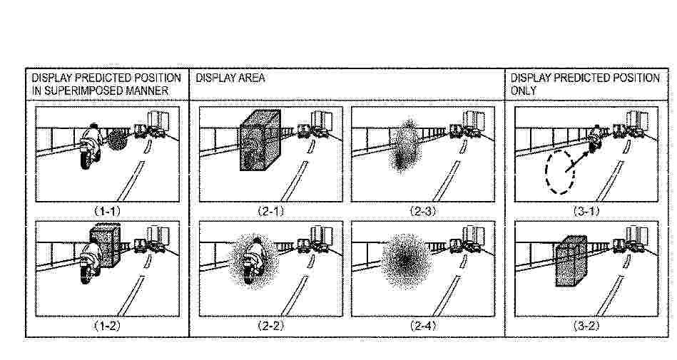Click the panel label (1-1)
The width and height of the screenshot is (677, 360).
coord(107,211)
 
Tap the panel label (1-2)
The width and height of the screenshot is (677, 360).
coord(107,326)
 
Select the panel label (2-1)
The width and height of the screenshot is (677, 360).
coord(270,211)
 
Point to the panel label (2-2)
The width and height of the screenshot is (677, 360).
coord(270,326)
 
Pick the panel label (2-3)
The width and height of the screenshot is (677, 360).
coord(423,211)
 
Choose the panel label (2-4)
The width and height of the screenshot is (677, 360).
coord(423,326)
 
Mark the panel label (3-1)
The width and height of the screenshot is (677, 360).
coord(586,211)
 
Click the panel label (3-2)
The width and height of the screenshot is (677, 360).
coord(586,326)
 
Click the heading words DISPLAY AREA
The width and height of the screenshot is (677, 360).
coord(230,78)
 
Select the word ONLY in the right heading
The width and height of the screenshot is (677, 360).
coord(524,91)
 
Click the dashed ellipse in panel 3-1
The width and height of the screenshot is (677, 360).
coord(546,173)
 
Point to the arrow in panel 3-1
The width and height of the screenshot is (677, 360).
coord(577,162)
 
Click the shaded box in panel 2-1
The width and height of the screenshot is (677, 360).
coord(260,140)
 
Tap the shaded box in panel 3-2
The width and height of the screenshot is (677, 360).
coord(571,261)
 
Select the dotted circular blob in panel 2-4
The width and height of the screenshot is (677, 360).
coord(406,261)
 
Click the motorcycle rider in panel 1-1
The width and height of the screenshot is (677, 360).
coord(91,146)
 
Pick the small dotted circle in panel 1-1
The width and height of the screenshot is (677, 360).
coord(116,139)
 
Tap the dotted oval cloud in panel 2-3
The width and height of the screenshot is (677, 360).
coord(405,147)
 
